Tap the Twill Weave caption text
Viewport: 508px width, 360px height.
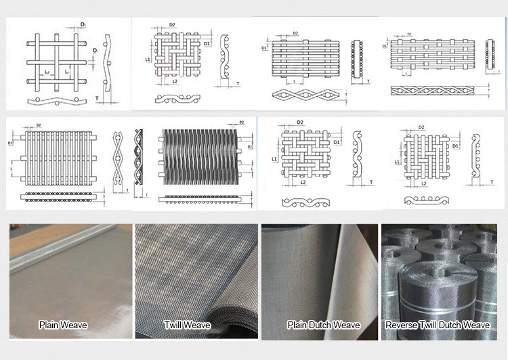pyautogui.click(x=188, y=325)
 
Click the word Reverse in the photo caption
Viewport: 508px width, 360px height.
pyautogui.click(x=400, y=325)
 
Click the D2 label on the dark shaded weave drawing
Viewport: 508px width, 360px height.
pyautogui.click(x=242, y=123)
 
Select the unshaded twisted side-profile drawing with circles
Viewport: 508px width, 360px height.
pyautogui.click(x=117, y=158)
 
